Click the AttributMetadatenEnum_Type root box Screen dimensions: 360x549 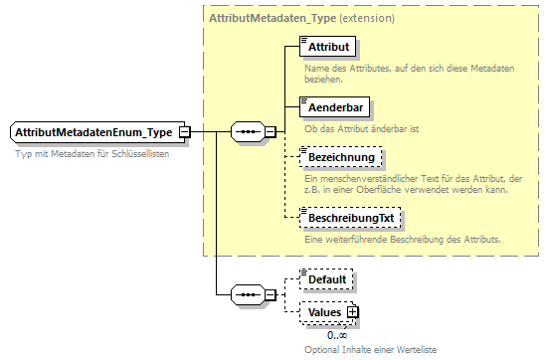(x=93, y=132)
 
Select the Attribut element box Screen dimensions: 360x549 (x=327, y=47)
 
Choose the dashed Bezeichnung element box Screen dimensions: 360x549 (x=340, y=158)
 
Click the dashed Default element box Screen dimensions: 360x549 (x=326, y=279)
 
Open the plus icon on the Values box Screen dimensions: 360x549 (x=351, y=312)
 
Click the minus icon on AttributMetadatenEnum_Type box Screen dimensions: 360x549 (x=185, y=132)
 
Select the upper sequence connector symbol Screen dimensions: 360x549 (x=246, y=131)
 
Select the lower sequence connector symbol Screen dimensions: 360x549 (x=246, y=295)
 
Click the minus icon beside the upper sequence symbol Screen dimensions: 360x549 (x=270, y=131)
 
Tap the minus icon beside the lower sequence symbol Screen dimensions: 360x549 (x=270, y=295)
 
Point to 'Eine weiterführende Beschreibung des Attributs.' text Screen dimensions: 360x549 (x=402, y=240)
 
